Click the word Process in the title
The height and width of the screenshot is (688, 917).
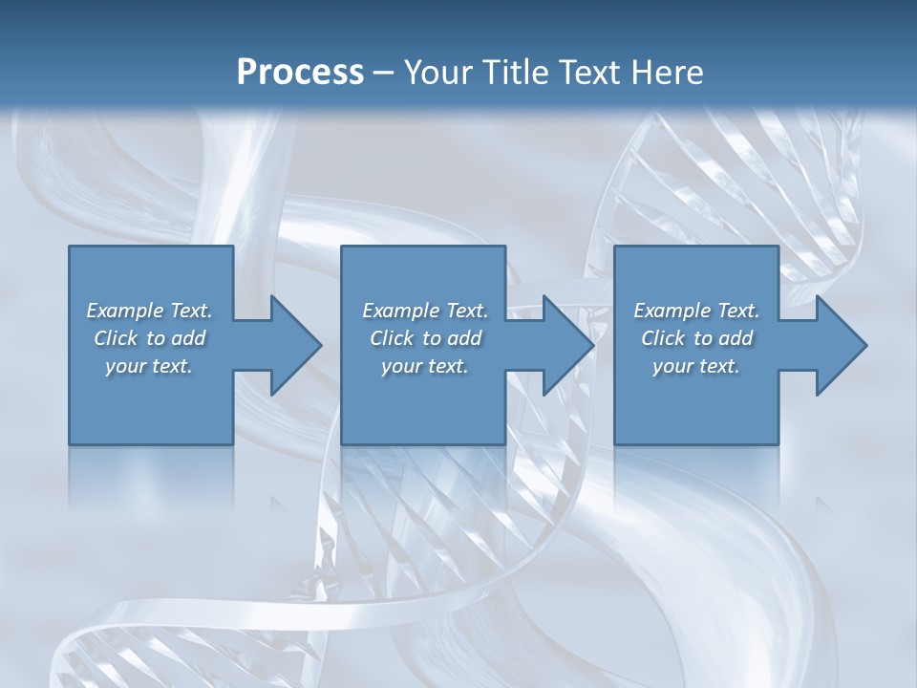tap(300, 73)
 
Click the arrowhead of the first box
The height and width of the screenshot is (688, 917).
tap(294, 345)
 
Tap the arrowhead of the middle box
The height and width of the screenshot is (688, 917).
tap(567, 345)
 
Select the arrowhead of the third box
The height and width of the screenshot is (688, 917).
tap(840, 345)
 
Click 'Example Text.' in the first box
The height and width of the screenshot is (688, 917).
tap(149, 311)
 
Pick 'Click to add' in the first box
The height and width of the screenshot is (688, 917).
tap(149, 338)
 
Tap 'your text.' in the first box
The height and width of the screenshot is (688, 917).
tap(149, 366)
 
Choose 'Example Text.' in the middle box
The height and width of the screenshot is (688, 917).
tap(425, 311)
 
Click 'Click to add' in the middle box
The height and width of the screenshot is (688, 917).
tap(425, 338)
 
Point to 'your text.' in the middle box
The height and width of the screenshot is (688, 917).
tap(425, 366)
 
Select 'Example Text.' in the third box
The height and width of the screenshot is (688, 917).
tap(696, 311)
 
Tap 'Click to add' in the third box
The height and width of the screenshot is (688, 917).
tap(696, 338)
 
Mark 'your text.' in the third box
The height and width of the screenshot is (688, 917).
tap(696, 366)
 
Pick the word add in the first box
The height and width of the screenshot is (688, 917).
tap(188, 338)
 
